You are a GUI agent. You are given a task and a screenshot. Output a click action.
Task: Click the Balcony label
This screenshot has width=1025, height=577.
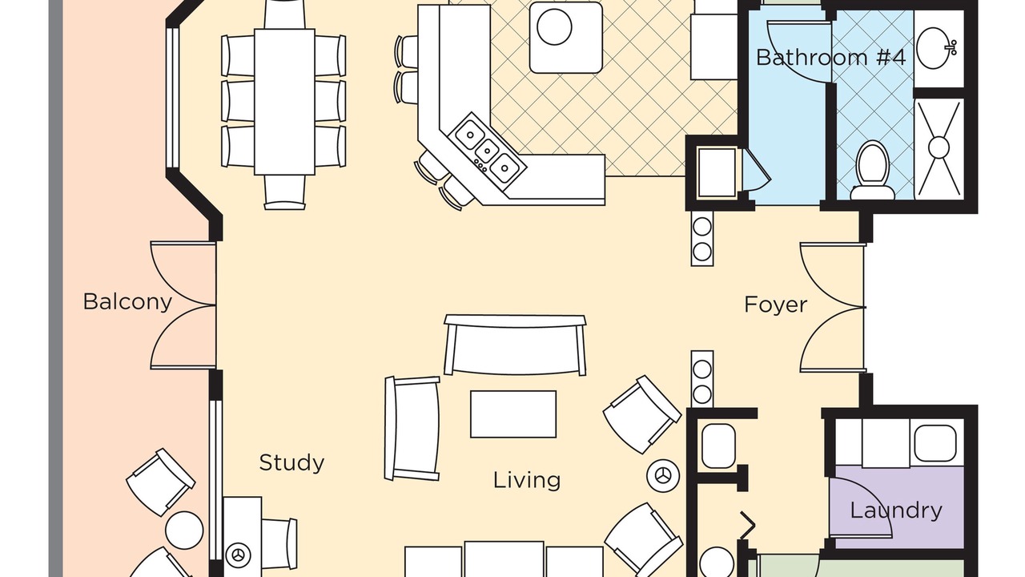coord(127,302)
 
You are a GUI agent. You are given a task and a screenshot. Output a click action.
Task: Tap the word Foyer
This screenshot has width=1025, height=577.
coord(776,305)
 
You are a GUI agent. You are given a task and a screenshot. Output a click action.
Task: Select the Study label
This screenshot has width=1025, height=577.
coord(292,463)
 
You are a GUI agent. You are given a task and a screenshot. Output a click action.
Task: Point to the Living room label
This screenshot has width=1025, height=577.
coord(527,480)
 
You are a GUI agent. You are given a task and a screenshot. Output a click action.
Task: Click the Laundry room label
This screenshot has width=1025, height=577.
coord(896,510)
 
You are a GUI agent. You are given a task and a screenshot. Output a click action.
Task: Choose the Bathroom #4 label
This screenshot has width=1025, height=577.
coord(830,58)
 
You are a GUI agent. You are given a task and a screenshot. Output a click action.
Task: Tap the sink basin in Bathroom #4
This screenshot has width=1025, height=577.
coord(936,48)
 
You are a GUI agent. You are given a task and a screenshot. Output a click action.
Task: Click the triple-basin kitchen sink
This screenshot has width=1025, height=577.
coord(488,151)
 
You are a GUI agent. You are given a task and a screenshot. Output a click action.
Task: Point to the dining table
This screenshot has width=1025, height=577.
coord(284,102)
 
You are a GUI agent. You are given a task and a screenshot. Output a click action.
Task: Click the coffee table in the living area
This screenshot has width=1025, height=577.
coord(513,414)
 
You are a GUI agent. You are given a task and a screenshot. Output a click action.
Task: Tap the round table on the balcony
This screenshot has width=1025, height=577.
coord(184,531)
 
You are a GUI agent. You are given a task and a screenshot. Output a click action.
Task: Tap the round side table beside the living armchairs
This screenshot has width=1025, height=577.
coord(663,476)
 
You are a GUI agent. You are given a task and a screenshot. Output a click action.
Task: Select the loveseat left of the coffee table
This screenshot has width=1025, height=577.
coord(412,429)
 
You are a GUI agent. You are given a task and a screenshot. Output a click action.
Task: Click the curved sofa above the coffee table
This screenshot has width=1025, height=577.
coord(515,345)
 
